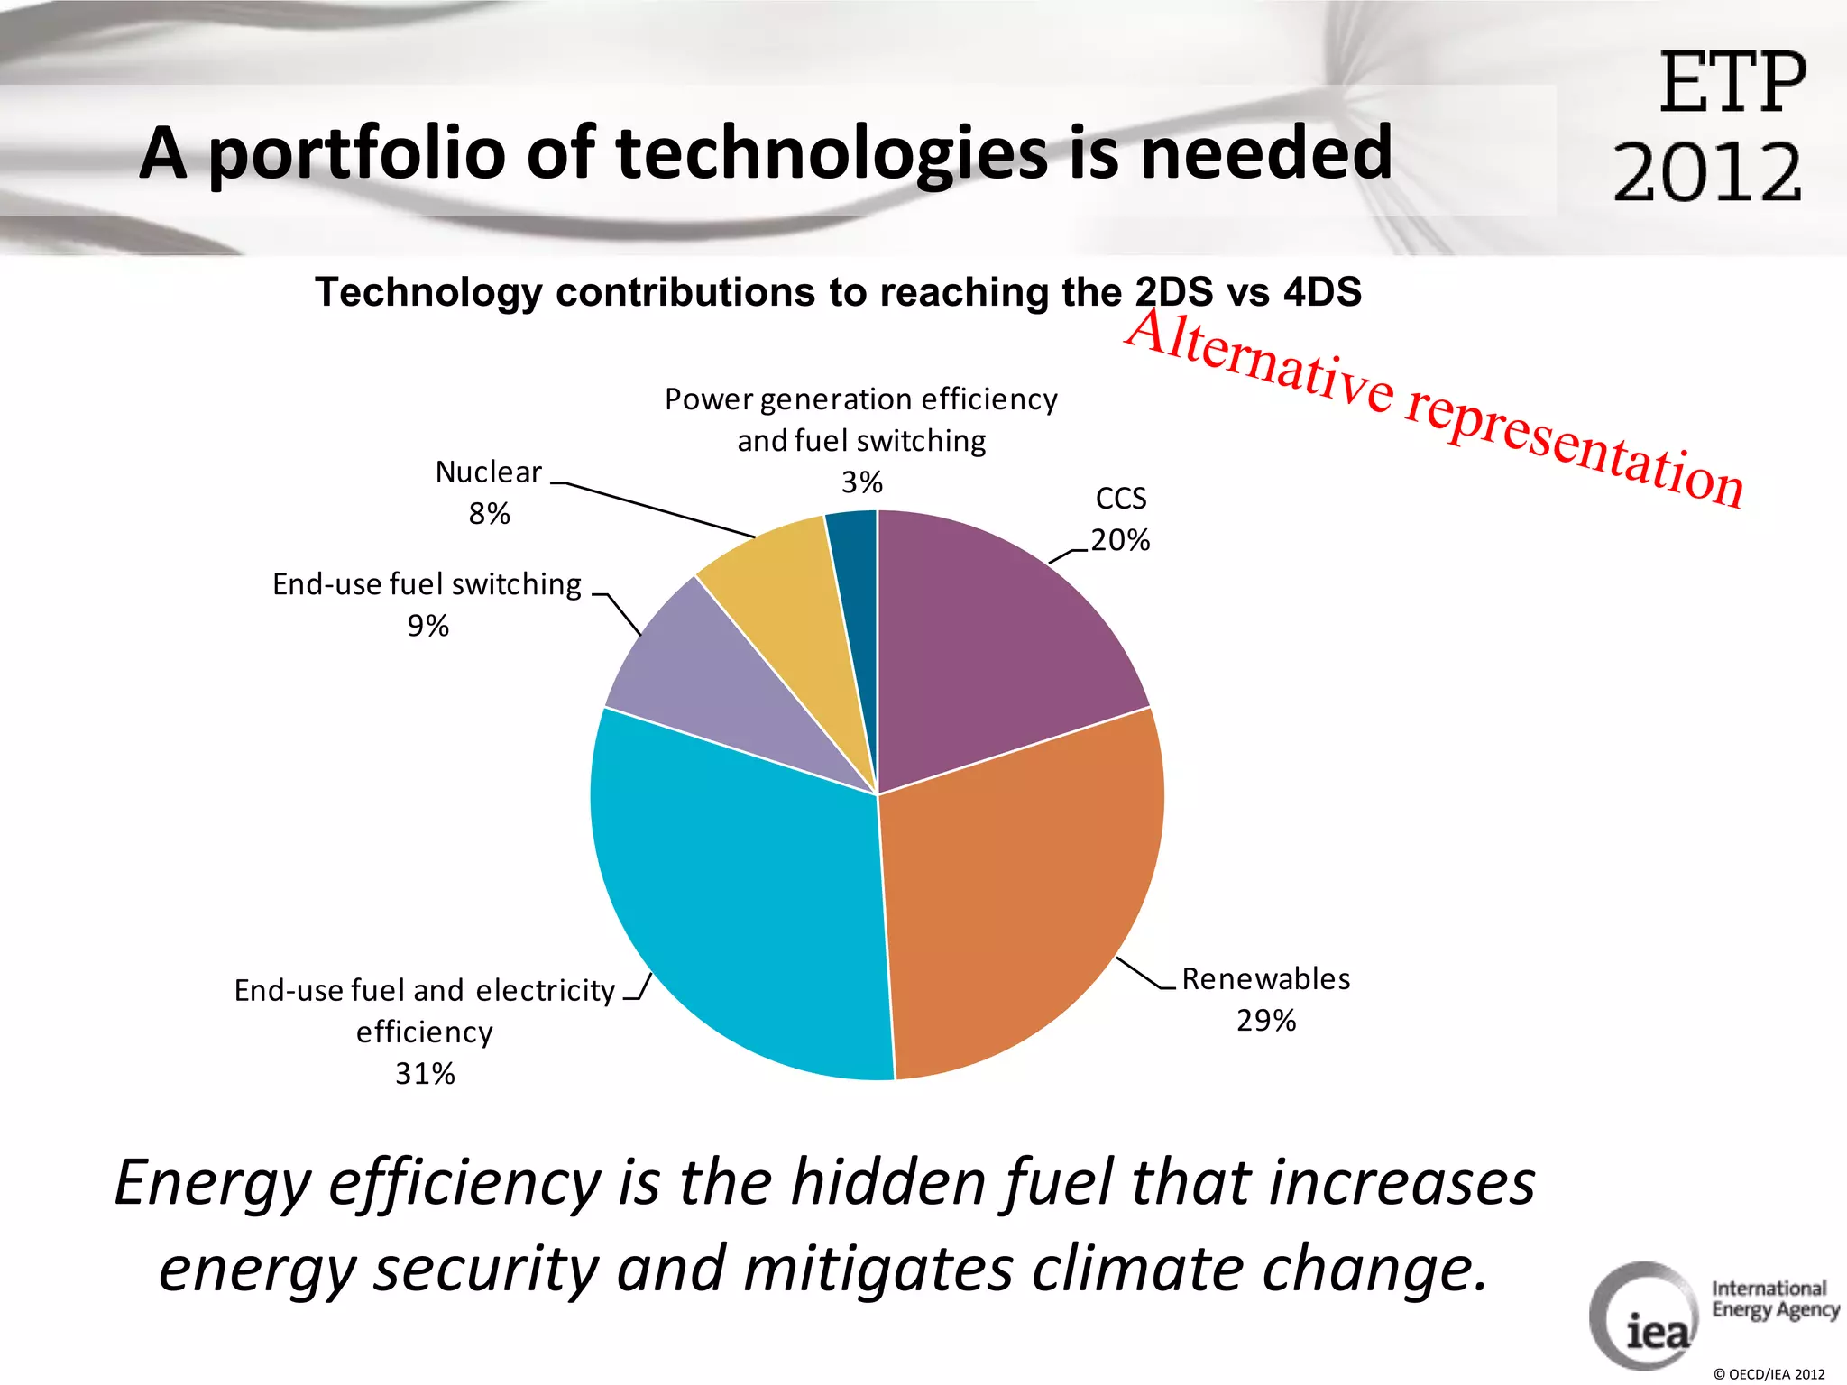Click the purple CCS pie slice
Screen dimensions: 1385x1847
click(x=992, y=649)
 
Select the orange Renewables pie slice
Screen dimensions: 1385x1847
click(x=1019, y=893)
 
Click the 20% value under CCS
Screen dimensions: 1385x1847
click(x=1120, y=540)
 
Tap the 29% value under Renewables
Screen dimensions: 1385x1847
click(x=1266, y=1021)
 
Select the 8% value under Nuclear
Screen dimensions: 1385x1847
click(x=489, y=514)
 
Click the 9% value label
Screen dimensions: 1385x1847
click(x=427, y=626)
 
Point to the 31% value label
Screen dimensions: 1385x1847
click(x=425, y=1074)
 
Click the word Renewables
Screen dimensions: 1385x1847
click(x=1266, y=979)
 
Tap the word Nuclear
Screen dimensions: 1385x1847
click(x=488, y=472)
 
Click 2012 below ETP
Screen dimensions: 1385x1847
click(x=1706, y=173)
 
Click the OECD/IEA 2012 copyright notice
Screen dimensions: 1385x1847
click(x=1769, y=1374)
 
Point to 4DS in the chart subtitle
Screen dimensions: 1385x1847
click(x=1322, y=292)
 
